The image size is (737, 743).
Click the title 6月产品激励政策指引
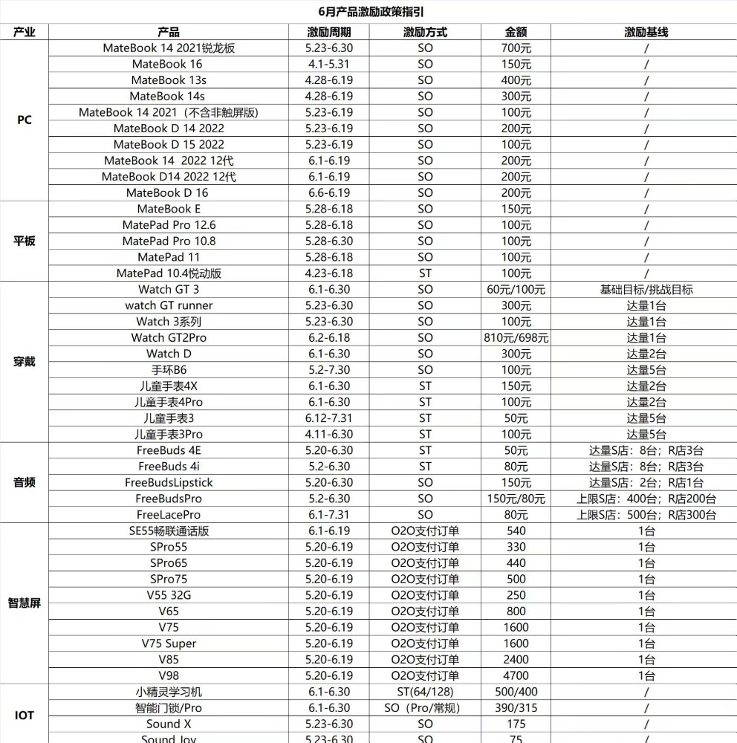pos(369,12)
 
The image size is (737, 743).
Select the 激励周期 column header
pos(328,32)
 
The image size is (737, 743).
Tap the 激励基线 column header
pos(646,32)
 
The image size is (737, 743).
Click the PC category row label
pos(25,120)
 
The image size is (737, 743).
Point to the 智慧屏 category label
pos(25,603)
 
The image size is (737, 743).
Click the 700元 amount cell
pos(516,48)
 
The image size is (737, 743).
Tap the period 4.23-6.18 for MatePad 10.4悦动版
pos(328,273)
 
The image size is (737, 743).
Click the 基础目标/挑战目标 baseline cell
pos(646,290)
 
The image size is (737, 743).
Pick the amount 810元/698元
pos(516,338)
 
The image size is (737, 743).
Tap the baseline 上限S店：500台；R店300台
pos(646,515)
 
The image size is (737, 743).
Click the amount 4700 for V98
pos(516,675)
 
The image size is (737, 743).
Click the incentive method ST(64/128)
pos(425,692)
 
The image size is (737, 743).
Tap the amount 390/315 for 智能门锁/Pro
pos(516,708)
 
